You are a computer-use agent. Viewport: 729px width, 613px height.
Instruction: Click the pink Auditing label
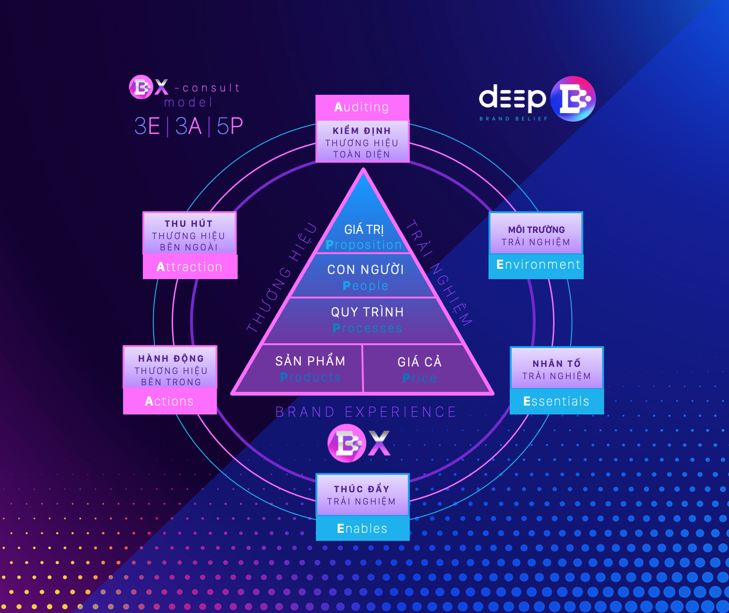pyautogui.click(x=362, y=107)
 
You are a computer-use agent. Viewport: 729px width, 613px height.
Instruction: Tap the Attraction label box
pyautogui.click(x=190, y=267)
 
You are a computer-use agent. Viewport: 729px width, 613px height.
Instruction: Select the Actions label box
pyautogui.click(x=170, y=401)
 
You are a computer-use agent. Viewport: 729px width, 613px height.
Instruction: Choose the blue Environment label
pyautogui.click(x=538, y=265)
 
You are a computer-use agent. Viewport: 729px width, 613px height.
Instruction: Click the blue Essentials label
pyautogui.click(x=556, y=401)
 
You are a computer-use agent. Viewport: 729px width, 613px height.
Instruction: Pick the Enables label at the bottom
pyautogui.click(x=362, y=529)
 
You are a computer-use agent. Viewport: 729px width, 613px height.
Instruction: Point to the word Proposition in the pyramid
pyautogui.click(x=364, y=245)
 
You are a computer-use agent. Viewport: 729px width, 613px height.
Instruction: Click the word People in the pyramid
pyautogui.click(x=365, y=286)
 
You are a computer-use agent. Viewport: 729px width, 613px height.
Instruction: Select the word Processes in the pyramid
pyautogui.click(x=367, y=328)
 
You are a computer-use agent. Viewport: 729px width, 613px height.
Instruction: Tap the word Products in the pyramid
pyautogui.click(x=310, y=377)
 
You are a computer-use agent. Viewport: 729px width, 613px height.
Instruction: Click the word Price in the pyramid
pyautogui.click(x=419, y=378)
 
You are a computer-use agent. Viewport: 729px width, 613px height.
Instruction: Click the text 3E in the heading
pyautogui.click(x=147, y=126)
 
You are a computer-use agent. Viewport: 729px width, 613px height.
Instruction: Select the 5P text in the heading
pyautogui.click(x=230, y=126)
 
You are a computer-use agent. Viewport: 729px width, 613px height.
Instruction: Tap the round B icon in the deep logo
pyautogui.click(x=573, y=99)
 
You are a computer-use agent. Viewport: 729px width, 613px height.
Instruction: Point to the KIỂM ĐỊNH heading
pyautogui.click(x=362, y=131)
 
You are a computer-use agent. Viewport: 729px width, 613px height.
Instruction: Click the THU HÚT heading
pyautogui.click(x=189, y=224)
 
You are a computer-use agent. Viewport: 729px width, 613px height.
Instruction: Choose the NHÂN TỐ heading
pyautogui.click(x=556, y=364)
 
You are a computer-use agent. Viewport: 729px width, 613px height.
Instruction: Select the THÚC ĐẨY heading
pyautogui.click(x=362, y=489)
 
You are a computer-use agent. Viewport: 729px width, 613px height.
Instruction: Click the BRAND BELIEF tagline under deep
pyautogui.click(x=514, y=119)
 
